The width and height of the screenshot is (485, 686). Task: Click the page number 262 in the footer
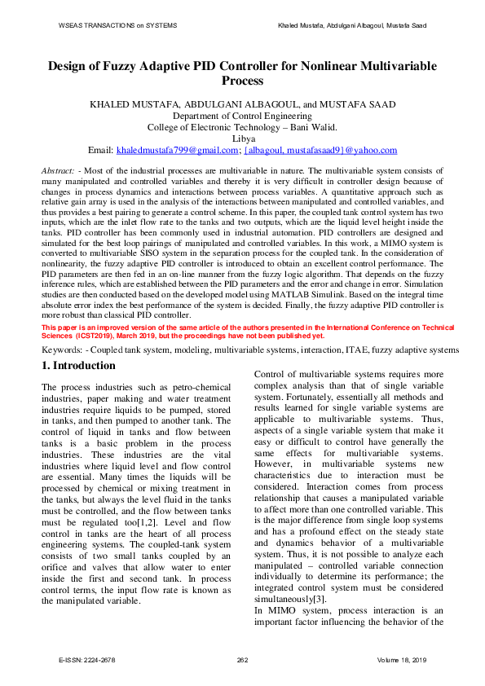(x=242, y=659)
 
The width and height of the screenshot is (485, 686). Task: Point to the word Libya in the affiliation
(x=242, y=139)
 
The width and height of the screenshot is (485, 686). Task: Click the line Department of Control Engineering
(x=242, y=116)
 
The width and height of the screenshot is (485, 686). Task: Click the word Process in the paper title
(x=242, y=81)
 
